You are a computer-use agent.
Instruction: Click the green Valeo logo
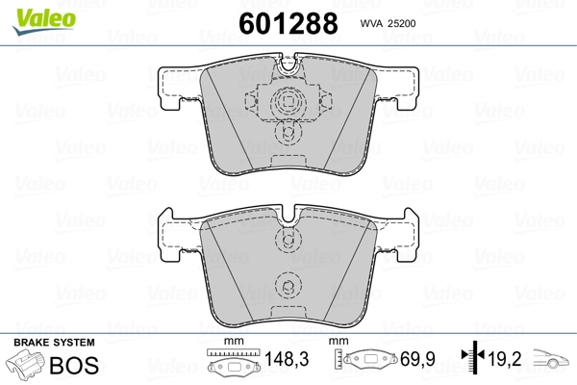tap(44, 21)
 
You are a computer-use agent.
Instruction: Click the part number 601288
tap(288, 23)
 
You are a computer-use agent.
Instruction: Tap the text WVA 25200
tap(388, 23)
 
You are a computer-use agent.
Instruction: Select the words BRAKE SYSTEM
tap(54, 343)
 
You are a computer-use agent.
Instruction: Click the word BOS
tap(74, 365)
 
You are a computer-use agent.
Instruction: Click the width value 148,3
tap(287, 359)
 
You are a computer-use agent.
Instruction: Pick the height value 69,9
tap(417, 359)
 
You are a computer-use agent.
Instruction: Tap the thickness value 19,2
tap(505, 359)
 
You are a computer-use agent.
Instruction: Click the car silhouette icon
tap(551, 358)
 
